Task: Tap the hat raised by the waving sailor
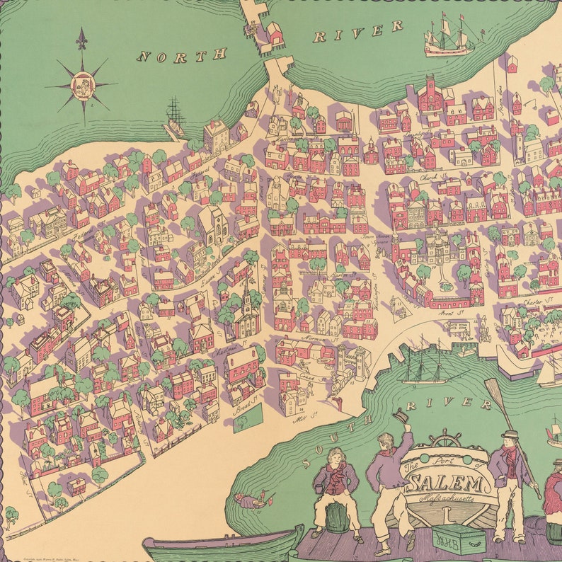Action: tap(402, 416)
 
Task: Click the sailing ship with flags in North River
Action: tap(451, 38)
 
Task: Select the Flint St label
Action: tap(16, 466)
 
